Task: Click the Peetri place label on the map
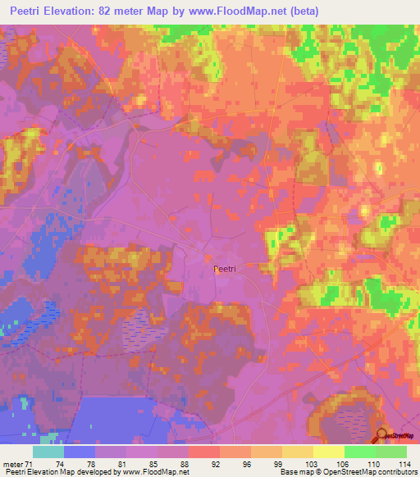coord(226,269)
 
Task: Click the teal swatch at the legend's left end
coord(48,452)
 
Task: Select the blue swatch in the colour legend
coord(79,452)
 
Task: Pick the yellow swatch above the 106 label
coord(328,452)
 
